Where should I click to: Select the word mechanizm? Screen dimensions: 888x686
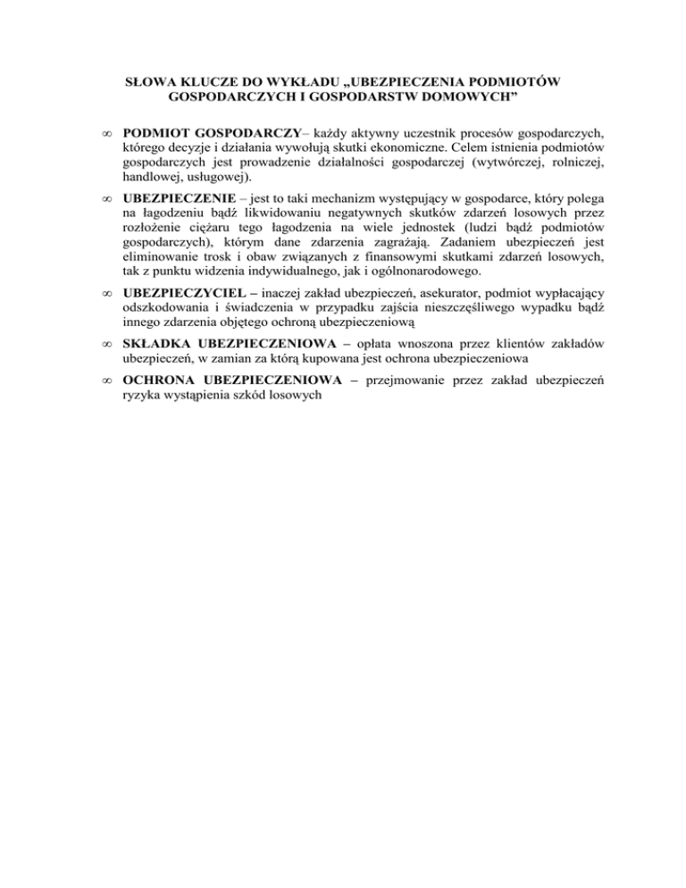click(x=322, y=204)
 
